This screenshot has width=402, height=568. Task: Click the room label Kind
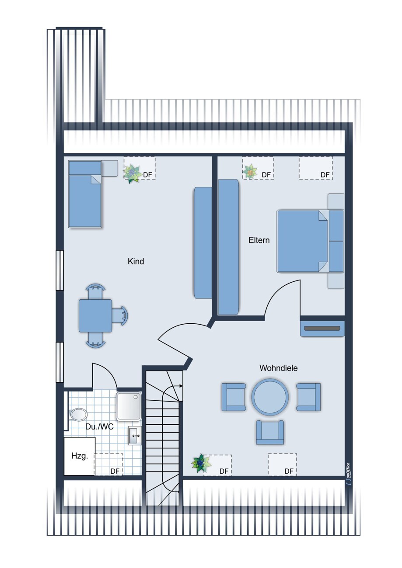pyautogui.click(x=136, y=261)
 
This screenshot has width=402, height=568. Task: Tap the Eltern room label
pyautogui.click(x=259, y=240)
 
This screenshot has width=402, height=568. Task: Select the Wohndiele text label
pyautogui.click(x=278, y=368)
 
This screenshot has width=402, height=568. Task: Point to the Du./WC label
pyautogui.click(x=99, y=426)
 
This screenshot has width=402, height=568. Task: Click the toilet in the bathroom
pyautogui.click(x=77, y=414)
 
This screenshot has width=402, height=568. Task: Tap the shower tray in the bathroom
pyautogui.click(x=129, y=406)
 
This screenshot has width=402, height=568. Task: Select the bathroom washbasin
pyautogui.click(x=135, y=436)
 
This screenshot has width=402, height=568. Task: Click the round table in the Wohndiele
pyautogui.click(x=270, y=397)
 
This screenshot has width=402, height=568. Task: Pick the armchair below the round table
pyautogui.click(x=270, y=432)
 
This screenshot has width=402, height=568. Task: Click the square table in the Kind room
pyautogui.click(x=95, y=316)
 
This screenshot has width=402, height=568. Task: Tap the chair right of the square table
pyautogui.click(x=120, y=316)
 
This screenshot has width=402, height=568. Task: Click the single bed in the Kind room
pyautogui.click(x=85, y=194)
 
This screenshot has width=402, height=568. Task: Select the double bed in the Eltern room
pyautogui.click(x=311, y=241)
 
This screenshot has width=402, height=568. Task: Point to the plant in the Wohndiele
pyautogui.click(x=201, y=463)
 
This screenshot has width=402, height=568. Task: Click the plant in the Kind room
pyautogui.click(x=133, y=173)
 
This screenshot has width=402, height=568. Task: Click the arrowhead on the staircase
pyautogui.click(x=181, y=386)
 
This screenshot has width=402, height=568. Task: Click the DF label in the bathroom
pyautogui.click(x=115, y=471)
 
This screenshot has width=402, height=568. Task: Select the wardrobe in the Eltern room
pyautogui.click(x=228, y=247)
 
